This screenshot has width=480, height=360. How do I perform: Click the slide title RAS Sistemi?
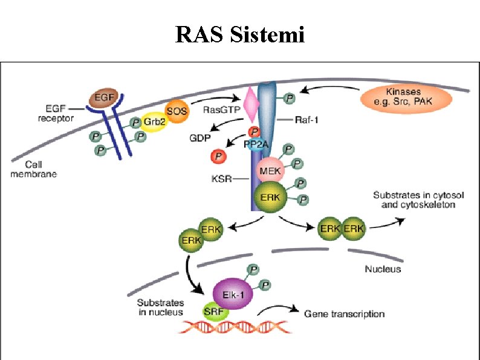[240, 34]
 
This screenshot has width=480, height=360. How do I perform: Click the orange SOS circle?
[177, 111]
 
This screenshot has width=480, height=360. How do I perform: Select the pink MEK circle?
[270, 171]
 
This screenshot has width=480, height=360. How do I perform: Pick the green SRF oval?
[213, 311]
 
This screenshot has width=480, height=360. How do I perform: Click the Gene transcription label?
[344, 313]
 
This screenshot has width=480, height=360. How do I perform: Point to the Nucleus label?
[382, 269]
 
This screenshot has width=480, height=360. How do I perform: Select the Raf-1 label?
[308, 120]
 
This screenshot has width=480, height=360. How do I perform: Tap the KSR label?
[220, 179]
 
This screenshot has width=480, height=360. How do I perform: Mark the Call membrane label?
[41, 169]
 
